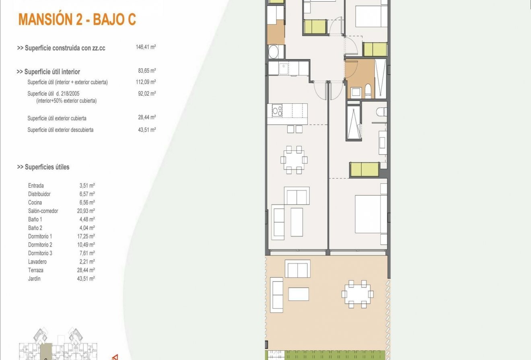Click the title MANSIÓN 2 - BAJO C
pyautogui.click(x=77, y=19)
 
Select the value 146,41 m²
pyautogui.click(x=146, y=47)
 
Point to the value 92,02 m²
pyautogui.click(x=146, y=93)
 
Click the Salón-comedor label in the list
pyautogui.click(x=43, y=211)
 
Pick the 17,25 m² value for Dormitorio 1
pyautogui.click(x=87, y=236)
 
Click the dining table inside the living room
pyautogui.click(x=294, y=160)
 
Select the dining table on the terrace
pyautogui.click(x=357, y=294)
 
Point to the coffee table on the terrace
pyautogui.click(x=298, y=294)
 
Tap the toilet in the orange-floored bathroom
pyautogui.click(x=367, y=91)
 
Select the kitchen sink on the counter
pyautogui.click(x=283, y=68)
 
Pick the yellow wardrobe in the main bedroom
pyautogui.click(x=364, y=169)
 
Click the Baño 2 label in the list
pyautogui.click(x=35, y=228)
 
